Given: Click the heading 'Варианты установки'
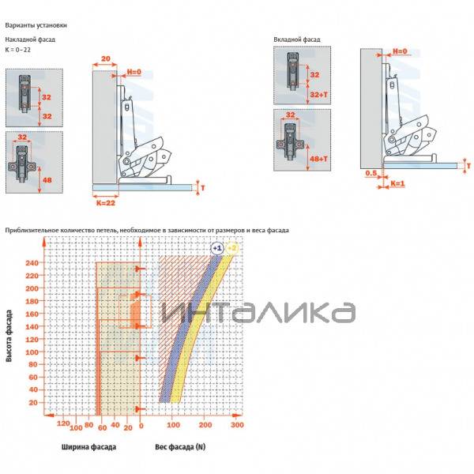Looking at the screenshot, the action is click(x=36, y=25).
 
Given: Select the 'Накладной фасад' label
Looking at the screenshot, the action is click(x=30, y=39).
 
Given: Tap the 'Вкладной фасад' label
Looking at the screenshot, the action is click(x=297, y=39).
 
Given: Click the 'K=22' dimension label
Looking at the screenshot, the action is click(x=106, y=203).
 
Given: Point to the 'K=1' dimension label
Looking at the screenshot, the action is click(x=397, y=183).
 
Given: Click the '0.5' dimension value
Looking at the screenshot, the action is click(x=371, y=173).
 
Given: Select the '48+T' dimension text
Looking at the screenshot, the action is click(x=319, y=159).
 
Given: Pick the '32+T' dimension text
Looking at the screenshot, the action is click(x=319, y=95).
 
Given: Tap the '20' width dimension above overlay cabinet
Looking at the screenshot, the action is click(x=106, y=58).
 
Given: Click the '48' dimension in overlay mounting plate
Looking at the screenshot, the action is click(x=47, y=180).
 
